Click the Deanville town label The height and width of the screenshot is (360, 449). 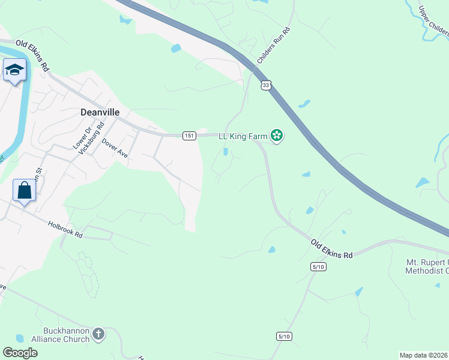[100, 112]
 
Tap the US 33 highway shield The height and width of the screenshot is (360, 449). [266, 85]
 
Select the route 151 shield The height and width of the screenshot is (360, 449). [189, 136]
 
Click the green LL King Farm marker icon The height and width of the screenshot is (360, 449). [277, 136]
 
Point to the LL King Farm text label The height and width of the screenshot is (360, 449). [243, 137]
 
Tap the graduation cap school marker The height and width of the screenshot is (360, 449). [13, 71]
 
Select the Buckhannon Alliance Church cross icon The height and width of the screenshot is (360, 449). [98, 333]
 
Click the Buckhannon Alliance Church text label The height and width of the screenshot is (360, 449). [66, 335]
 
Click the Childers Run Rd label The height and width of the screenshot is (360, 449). [274, 46]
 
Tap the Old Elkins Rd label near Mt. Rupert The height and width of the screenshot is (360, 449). [331, 248]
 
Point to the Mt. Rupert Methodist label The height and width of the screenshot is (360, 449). [427, 267]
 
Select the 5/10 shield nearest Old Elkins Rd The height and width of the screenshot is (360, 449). [318, 266]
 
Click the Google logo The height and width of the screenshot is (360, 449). [20, 353]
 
